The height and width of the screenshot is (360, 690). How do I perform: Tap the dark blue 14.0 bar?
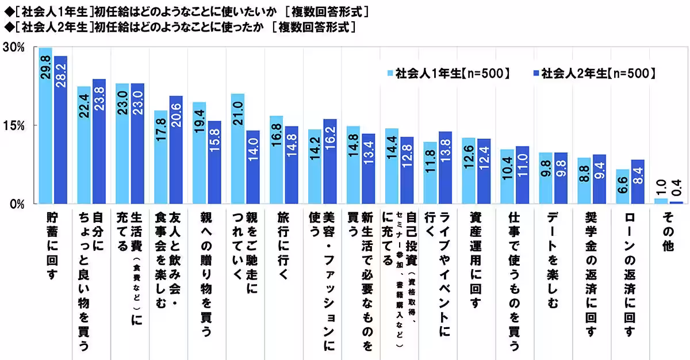point(253,167)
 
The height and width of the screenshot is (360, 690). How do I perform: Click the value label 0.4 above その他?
point(677,190)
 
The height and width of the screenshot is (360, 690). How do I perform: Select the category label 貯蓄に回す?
point(53,247)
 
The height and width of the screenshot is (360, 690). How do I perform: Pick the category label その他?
point(669,233)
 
